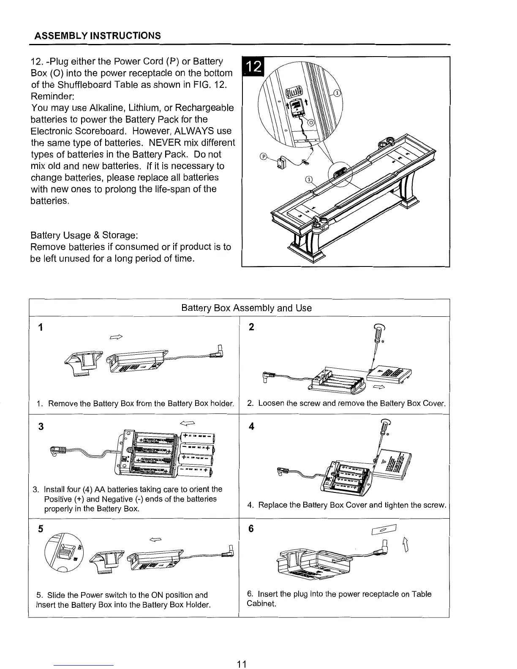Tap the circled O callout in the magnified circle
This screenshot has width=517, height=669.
(312, 122)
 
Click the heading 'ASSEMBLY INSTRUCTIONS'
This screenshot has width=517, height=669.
(98, 35)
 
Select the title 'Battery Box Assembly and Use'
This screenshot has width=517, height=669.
(246, 308)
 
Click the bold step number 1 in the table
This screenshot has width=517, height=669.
(40, 328)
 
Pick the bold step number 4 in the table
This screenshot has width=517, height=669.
(252, 427)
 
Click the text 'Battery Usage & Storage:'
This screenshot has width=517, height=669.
(84, 235)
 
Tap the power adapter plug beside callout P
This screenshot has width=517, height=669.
(281, 163)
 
